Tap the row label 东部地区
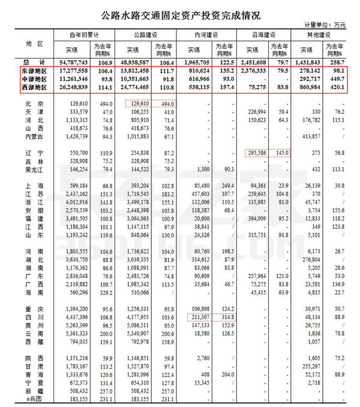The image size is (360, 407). pyautogui.click(x=28, y=71)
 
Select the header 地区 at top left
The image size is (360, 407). pyautogui.click(x=28, y=44)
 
